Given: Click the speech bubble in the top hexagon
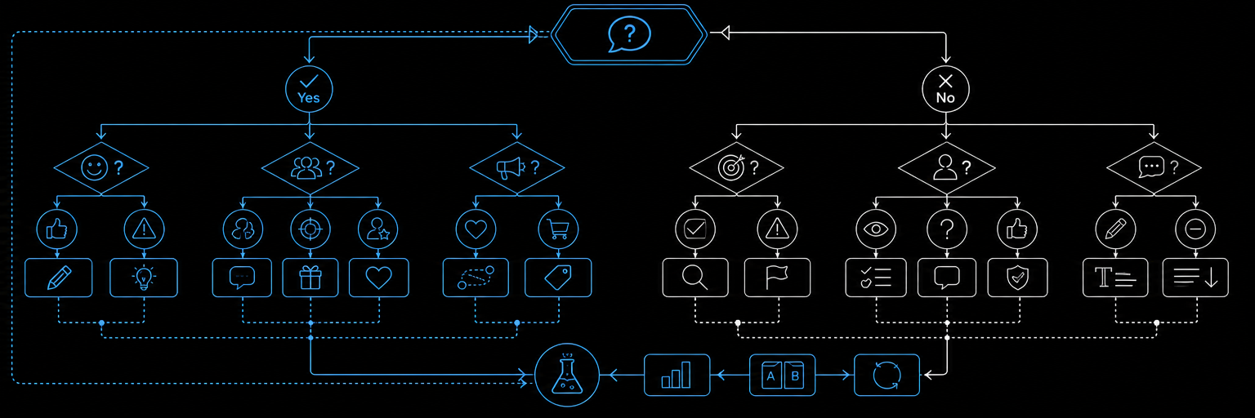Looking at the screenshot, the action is tap(629, 34).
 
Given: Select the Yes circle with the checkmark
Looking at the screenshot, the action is tap(309, 89).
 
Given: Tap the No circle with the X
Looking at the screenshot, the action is tap(945, 89).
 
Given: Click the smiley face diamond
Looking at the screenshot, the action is tap(101, 168).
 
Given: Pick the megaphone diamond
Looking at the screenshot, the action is tap(516, 168).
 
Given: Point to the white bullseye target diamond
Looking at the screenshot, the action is tap(736, 167).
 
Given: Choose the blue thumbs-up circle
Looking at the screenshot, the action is tap(56, 229).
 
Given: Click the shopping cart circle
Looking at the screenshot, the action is tap(558, 229).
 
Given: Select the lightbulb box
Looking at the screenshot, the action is tap(144, 278).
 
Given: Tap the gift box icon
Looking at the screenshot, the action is tap(310, 278).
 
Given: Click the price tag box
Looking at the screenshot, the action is tap(558, 278).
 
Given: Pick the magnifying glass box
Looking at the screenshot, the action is tap(695, 278).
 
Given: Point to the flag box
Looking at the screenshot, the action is tap(777, 278).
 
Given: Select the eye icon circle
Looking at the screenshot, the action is tap(876, 229).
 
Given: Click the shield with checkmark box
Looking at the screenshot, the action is tap(1017, 278).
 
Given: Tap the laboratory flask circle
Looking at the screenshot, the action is tap(567, 375).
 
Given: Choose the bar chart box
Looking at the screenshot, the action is tap(677, 375).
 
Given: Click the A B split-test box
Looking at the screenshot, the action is tap(782, 375).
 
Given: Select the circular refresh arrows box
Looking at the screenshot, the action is tap(887, 375).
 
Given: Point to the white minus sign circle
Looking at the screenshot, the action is tap(1195, 229).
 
